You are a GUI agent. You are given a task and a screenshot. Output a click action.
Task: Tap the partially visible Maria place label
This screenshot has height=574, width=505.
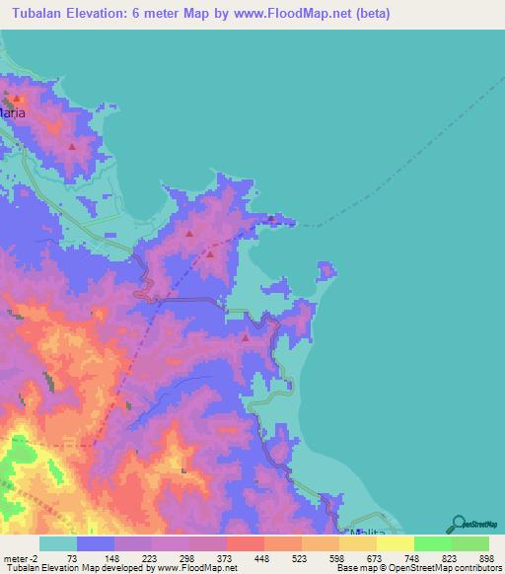(12, 113)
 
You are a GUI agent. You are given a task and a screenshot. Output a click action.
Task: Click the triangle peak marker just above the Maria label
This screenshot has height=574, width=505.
(17, 99)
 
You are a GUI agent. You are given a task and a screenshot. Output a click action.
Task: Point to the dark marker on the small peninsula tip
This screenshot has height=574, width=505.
(271, 219)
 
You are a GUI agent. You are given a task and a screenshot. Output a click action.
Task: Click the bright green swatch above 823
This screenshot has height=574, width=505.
(432, 543)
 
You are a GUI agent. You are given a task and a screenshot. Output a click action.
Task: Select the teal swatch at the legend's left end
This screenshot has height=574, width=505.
(57, 543)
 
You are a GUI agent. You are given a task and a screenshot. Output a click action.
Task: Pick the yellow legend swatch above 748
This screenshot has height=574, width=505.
(395, 543)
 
